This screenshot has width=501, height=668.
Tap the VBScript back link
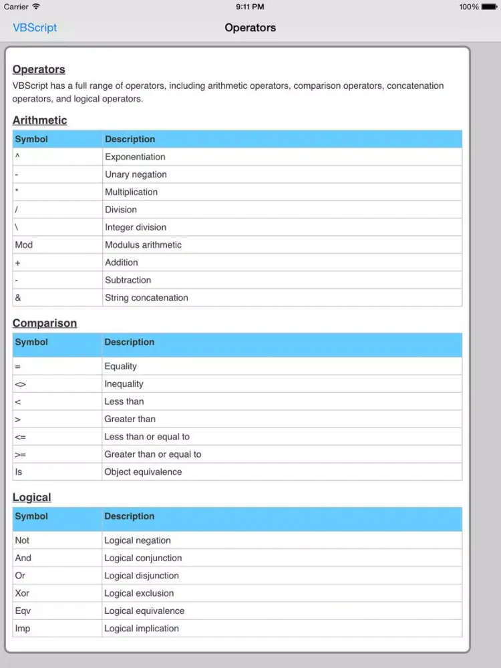35,27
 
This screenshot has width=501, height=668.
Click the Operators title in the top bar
250,27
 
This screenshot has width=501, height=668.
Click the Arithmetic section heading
39,120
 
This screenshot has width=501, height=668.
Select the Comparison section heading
44,323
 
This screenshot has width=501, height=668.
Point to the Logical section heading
31,498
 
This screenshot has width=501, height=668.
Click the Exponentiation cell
135,157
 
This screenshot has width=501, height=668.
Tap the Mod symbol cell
24,245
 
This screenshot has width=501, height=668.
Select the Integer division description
136,227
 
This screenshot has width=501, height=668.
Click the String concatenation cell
146,298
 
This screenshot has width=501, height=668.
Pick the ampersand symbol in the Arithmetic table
18,298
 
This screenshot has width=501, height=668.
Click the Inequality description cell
124,384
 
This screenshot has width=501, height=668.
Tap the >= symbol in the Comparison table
20,455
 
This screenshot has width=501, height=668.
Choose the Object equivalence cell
143,472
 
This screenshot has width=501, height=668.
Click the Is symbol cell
19,472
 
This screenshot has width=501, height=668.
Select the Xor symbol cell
22,593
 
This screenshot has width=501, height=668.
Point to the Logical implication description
142,629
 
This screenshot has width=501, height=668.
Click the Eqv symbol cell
23,611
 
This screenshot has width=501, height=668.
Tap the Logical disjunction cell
142,576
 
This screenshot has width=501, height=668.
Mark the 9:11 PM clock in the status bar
250,7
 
